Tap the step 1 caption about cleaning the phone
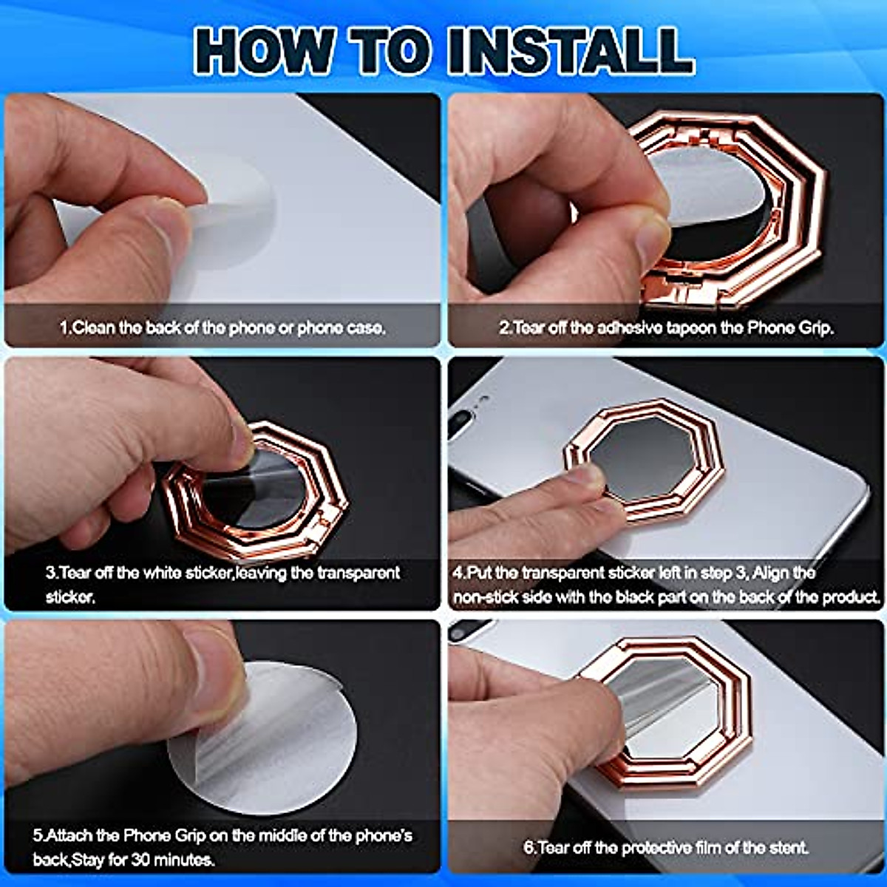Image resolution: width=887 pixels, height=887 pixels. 222,327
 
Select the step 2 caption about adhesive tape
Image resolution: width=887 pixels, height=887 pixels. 665,327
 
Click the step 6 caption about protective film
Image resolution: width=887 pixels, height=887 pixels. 665,847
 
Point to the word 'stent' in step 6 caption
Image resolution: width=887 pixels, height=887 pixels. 785,847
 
